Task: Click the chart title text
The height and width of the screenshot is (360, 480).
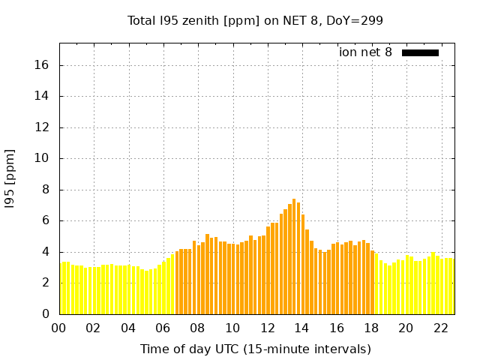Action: pos(255,20)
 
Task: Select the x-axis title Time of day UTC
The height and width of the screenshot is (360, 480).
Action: pos(255,349)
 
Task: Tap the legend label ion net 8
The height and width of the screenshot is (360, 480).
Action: pos(365,52)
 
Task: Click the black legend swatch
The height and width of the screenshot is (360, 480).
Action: pos(420,52)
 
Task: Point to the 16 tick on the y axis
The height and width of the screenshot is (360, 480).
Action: pos(42,65)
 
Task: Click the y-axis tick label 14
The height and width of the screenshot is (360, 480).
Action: pos(42,96)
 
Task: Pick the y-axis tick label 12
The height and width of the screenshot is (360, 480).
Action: pos(42,127)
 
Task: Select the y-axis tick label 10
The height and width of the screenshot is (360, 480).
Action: pos(42,158)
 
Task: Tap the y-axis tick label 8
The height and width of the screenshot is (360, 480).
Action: pos(45,190)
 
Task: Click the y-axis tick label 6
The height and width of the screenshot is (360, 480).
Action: pos(45,220)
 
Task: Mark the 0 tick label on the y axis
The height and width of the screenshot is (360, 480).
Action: pos(45,313)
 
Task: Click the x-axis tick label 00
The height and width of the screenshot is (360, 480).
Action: pos(58,328)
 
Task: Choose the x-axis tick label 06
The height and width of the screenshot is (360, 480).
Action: pos(163,328)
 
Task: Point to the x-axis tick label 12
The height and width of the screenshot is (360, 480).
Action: pos(267,328)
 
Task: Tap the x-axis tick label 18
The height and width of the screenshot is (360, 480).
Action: pos(371,328)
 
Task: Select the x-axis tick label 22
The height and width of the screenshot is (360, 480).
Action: pos(440,328)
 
